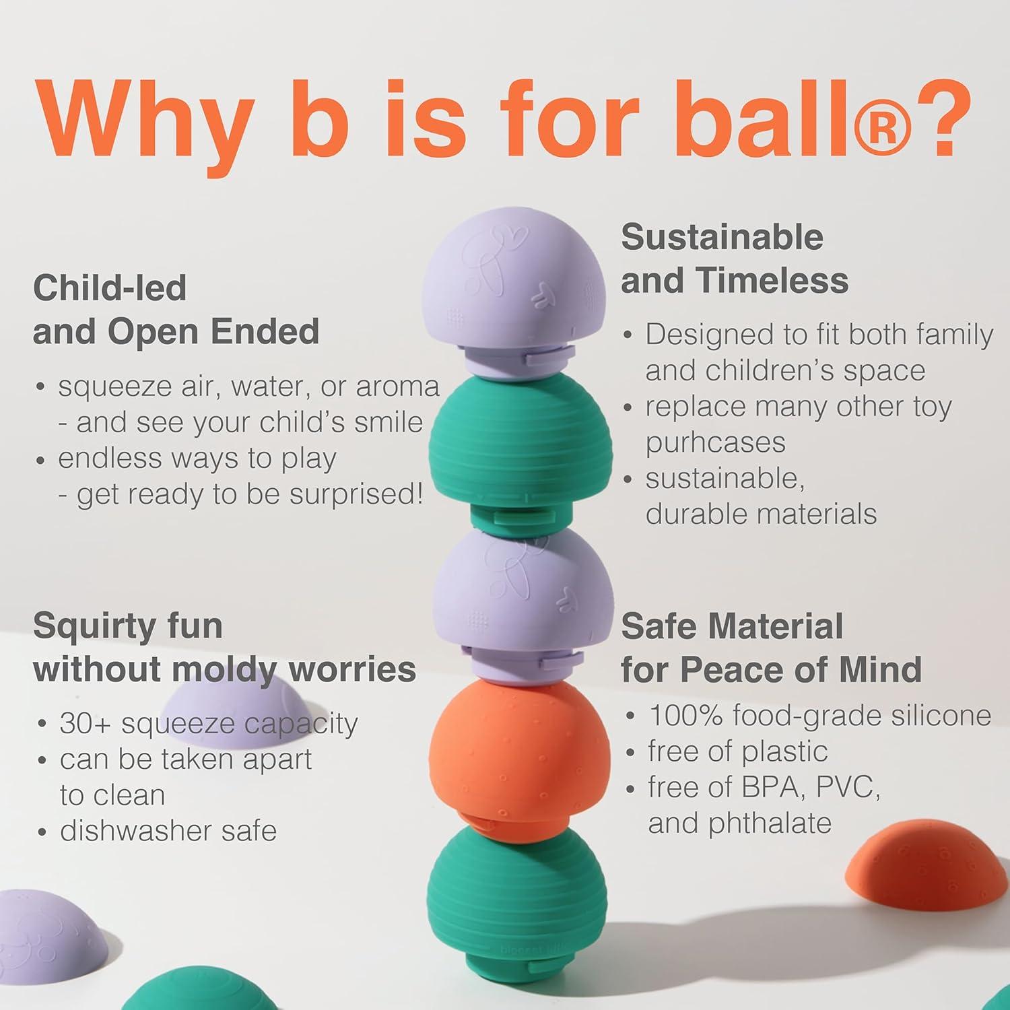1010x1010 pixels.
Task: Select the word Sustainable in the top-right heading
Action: tap(722, 237)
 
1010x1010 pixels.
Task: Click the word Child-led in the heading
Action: tap(110, 288)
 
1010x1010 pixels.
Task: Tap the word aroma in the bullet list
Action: tap(398, 387)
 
